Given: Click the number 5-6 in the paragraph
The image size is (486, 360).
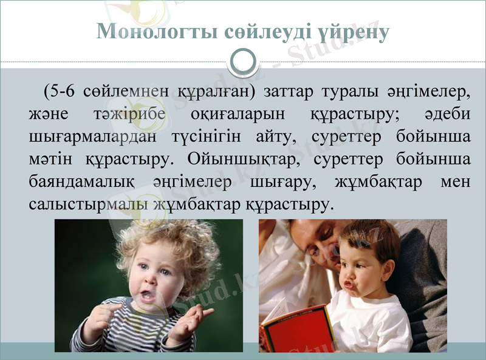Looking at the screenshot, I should [61, 92].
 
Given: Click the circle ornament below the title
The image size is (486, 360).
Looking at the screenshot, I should [244, 62].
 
